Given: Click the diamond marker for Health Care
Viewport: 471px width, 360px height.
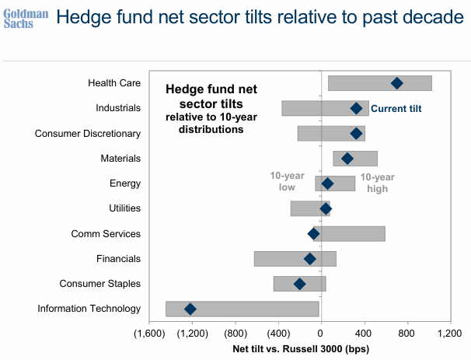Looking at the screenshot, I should pos(396,83).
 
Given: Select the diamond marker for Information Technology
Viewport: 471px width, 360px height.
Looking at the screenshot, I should pos(190,309).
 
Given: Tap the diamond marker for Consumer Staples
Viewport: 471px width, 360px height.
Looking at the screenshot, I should pos(300,284).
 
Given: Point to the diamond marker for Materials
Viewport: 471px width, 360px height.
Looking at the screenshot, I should pos(347,159).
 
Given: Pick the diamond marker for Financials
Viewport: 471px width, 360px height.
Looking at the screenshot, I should pos(310,259).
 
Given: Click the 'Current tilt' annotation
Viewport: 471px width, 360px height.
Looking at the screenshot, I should pos(396,109).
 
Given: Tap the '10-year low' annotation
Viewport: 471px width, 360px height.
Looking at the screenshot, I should pos(287,182).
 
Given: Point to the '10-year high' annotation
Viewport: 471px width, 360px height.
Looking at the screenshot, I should pos(377,183).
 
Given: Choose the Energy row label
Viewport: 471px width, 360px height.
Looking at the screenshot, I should pos(125,183).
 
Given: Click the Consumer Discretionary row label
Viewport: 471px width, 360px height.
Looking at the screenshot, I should pos(88,134).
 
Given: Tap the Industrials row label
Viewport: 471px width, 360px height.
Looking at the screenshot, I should pos(118,108).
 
